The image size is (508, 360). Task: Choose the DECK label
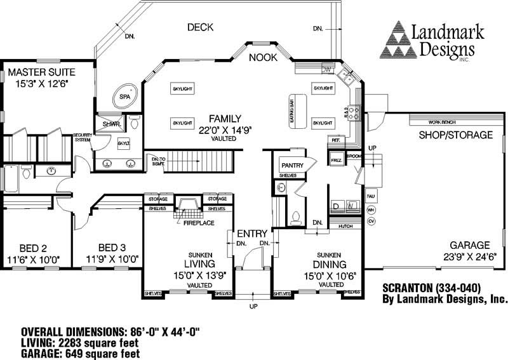click(200, 27)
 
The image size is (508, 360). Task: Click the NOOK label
click(263, 57)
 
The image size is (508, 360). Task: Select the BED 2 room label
click(32, 247)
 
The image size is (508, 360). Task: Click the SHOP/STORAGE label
click(455, 135)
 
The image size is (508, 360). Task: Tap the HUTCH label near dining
click(346, 225)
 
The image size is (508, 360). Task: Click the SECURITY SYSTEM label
click(83, 138)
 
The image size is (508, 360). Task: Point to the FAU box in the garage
click(371, 196)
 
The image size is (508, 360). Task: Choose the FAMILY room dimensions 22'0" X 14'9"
click(225, 130)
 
